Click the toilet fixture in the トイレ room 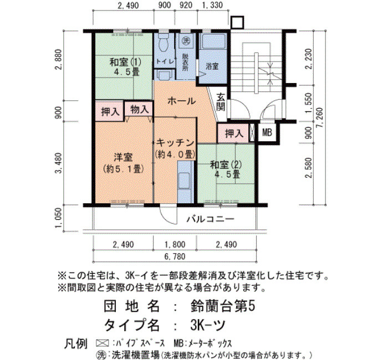click(x=163, y=42)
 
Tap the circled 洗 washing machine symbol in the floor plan click(x=186, y=40)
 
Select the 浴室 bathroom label click(x=212, y=66)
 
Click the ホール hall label click(x=182, y=101)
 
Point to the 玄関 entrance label click(x=221, y=102)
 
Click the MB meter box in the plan click(x=267, y=132)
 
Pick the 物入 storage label click(x=139, y=109)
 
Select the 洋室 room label click(x=123, y=157)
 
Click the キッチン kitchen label click(x=175, y=143)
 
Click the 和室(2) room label click(x=226, y=164)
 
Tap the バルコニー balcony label click(x=210, y=219)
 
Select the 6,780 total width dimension click(x=175, y=256)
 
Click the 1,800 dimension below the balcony click(x=175, y=245)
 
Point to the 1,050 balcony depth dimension click(x=58, y=218)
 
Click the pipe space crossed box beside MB click(x=252, y=132)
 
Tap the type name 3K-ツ click(x=208, y=325)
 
